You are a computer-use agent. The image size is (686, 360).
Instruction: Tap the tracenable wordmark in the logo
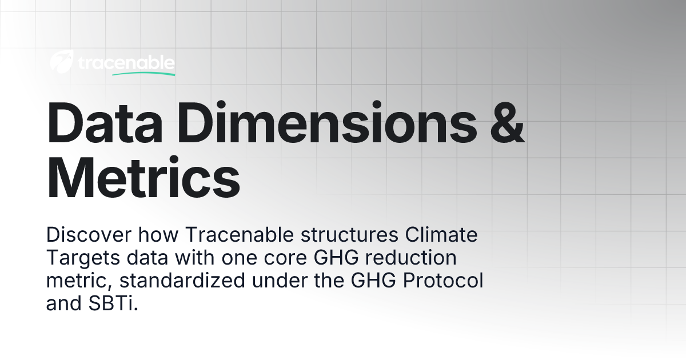[125, 63]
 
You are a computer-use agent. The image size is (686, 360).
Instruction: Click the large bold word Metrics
[143, 178]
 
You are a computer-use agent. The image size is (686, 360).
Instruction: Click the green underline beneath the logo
[143, 74]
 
